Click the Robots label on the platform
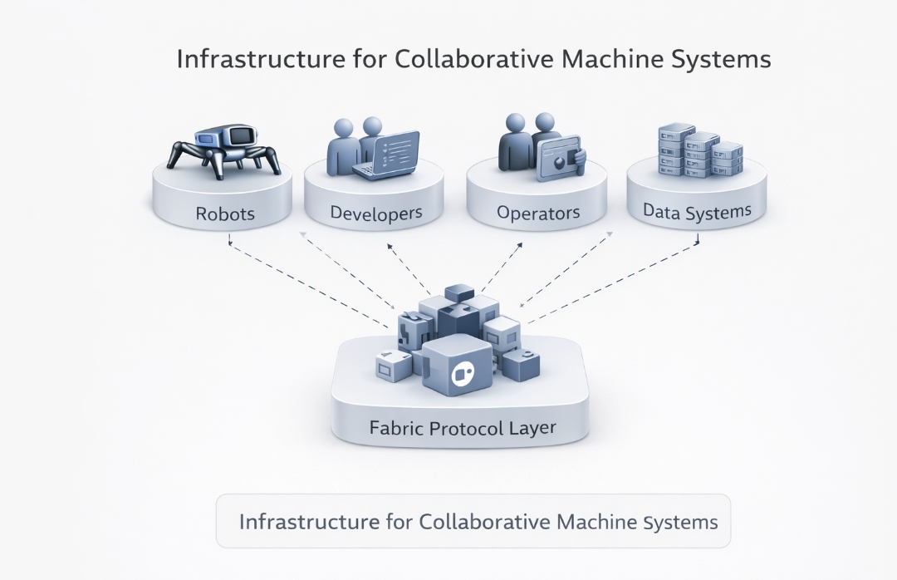point(225,214)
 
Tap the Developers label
point(375,214)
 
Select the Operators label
point(537,214)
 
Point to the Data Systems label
point(697,212)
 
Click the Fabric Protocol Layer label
point(462,429)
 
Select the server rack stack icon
point(698,150)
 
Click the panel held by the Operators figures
point(559,158)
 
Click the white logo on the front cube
point(460,375)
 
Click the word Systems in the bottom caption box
point(680,522)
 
